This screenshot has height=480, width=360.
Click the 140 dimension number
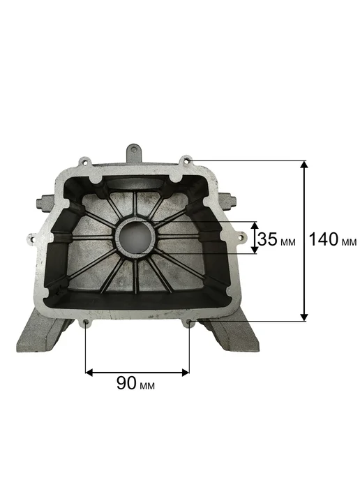(324, 239)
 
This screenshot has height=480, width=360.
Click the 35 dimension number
(267, 239)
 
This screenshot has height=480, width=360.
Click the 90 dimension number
(126, 383)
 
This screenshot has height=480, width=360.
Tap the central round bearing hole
(135, 236)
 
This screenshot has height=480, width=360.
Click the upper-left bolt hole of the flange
(84, 161)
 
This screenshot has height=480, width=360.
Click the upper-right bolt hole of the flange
(186, 160)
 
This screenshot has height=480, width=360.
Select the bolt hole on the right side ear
(242, 237)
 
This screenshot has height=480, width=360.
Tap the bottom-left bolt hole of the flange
(86, 322)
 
